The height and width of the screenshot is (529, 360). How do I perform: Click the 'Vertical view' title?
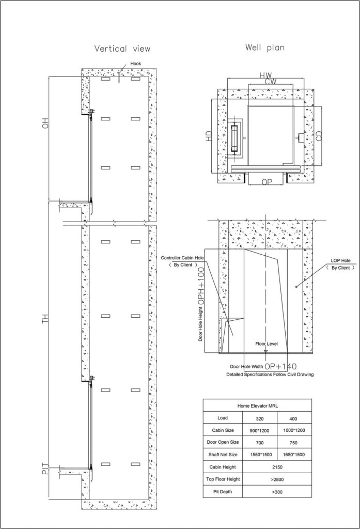click(x=122, y=49)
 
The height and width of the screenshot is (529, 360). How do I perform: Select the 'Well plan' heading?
click(x=265, y=48)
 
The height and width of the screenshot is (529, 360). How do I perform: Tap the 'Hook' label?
click(x=136, y=64)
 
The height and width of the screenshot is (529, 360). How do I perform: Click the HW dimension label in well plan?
click(x=265, y=75)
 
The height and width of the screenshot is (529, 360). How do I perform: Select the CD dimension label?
click(x=319, y=136)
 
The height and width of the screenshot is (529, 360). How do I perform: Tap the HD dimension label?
click(x=209, y=136)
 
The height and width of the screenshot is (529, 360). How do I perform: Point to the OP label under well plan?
click(x=267, y=182)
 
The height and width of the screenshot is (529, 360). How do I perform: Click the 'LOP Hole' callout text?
click(x=340, y=260)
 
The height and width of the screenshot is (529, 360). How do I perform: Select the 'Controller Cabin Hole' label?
click(x=182, y=258)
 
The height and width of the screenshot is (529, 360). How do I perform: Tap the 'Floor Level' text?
click(x=267, y=344)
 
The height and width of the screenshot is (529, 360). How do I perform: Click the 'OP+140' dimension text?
click(x=280, y=366)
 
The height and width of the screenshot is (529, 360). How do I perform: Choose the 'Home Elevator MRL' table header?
click(x=257, y=406)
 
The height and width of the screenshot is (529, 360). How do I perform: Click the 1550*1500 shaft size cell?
click(x=261, y=455)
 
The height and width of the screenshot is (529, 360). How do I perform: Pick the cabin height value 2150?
click(x=277, y=467)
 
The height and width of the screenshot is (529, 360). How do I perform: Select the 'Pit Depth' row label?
click(x=223, y=492)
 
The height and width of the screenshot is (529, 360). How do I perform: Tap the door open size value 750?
click(x=293, y=443)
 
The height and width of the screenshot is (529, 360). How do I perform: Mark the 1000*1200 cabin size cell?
click(x=293, y=430)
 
